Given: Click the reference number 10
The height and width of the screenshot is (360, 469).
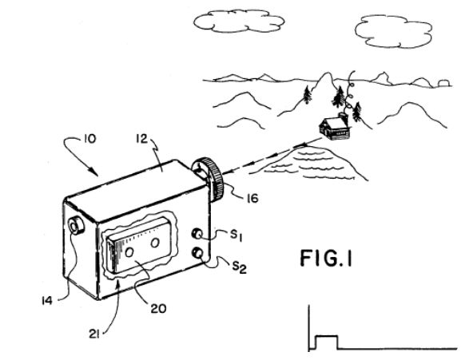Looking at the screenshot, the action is point(89,139).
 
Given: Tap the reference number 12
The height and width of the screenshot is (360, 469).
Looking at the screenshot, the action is point(142,139).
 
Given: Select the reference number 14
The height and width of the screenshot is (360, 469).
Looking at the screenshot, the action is point(47,300).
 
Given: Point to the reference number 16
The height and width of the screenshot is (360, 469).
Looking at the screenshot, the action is point(252,199).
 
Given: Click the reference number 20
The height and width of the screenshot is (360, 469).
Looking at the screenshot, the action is point(158,309).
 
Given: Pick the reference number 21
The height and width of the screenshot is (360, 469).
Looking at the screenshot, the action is point(94,334).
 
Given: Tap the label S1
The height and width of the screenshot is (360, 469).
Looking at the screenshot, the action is point(236,235).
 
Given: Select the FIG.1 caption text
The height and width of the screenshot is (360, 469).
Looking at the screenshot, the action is point(326,259).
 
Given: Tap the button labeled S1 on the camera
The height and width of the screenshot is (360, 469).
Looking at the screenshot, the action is point(197,234).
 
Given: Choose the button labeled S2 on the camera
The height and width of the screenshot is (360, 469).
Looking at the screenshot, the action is point(198,253).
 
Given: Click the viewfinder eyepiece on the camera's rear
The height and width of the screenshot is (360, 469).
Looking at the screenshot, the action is point(76,226).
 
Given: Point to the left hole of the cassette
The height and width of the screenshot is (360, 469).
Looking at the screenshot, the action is point(129,252).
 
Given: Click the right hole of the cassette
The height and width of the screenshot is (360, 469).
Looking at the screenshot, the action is point(155,243).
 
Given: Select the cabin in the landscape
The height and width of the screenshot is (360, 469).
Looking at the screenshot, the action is point(335,128).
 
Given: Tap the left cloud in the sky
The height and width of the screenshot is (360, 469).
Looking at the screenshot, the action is point(239,21).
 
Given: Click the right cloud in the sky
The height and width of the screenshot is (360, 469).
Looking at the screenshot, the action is point(394,31).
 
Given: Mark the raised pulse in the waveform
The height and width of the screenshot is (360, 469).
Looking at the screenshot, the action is point(328,342).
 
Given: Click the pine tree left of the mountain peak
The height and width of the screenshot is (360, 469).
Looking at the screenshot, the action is point(307,94).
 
